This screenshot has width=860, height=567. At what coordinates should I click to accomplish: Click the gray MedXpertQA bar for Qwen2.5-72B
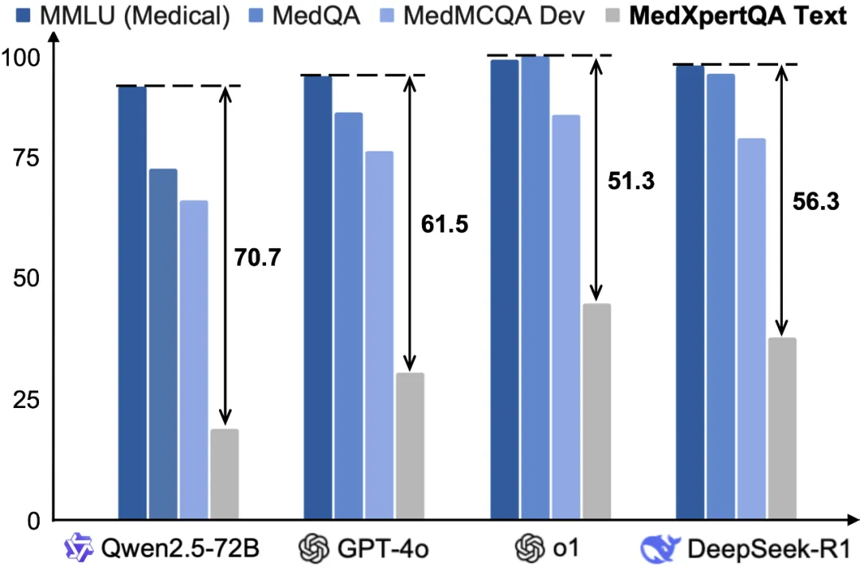click(225, 474)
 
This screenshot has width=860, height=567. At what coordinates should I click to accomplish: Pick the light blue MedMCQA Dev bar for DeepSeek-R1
click(751, 329)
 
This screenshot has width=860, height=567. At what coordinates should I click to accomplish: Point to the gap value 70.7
click(257, 257)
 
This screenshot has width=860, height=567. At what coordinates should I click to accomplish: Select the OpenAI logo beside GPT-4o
click(314, 548)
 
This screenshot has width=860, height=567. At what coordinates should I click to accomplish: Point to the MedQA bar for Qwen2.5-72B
click(163, 344)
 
